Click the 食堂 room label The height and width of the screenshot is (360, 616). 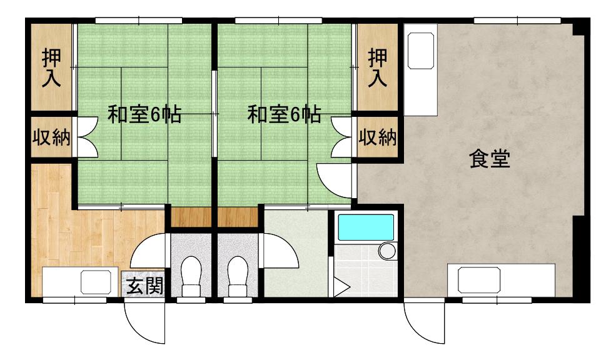coord(490,159)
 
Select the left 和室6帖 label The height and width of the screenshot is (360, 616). coord(144,114)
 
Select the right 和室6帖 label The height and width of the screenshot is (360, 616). coord(284,114)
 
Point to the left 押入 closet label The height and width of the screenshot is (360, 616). coord(51,67)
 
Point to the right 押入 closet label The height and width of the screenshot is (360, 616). coord(378,67)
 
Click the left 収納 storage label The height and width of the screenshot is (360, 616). coord(51,137)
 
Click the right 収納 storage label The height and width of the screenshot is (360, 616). coord(378,137)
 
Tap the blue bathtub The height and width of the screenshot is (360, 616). coord(366,227)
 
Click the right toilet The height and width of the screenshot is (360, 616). coord(238,276)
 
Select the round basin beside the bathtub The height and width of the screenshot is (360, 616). coord(387,251)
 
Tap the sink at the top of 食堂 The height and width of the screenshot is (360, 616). coord(421,51)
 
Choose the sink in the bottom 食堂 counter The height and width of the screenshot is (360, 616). coord(479,280)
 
